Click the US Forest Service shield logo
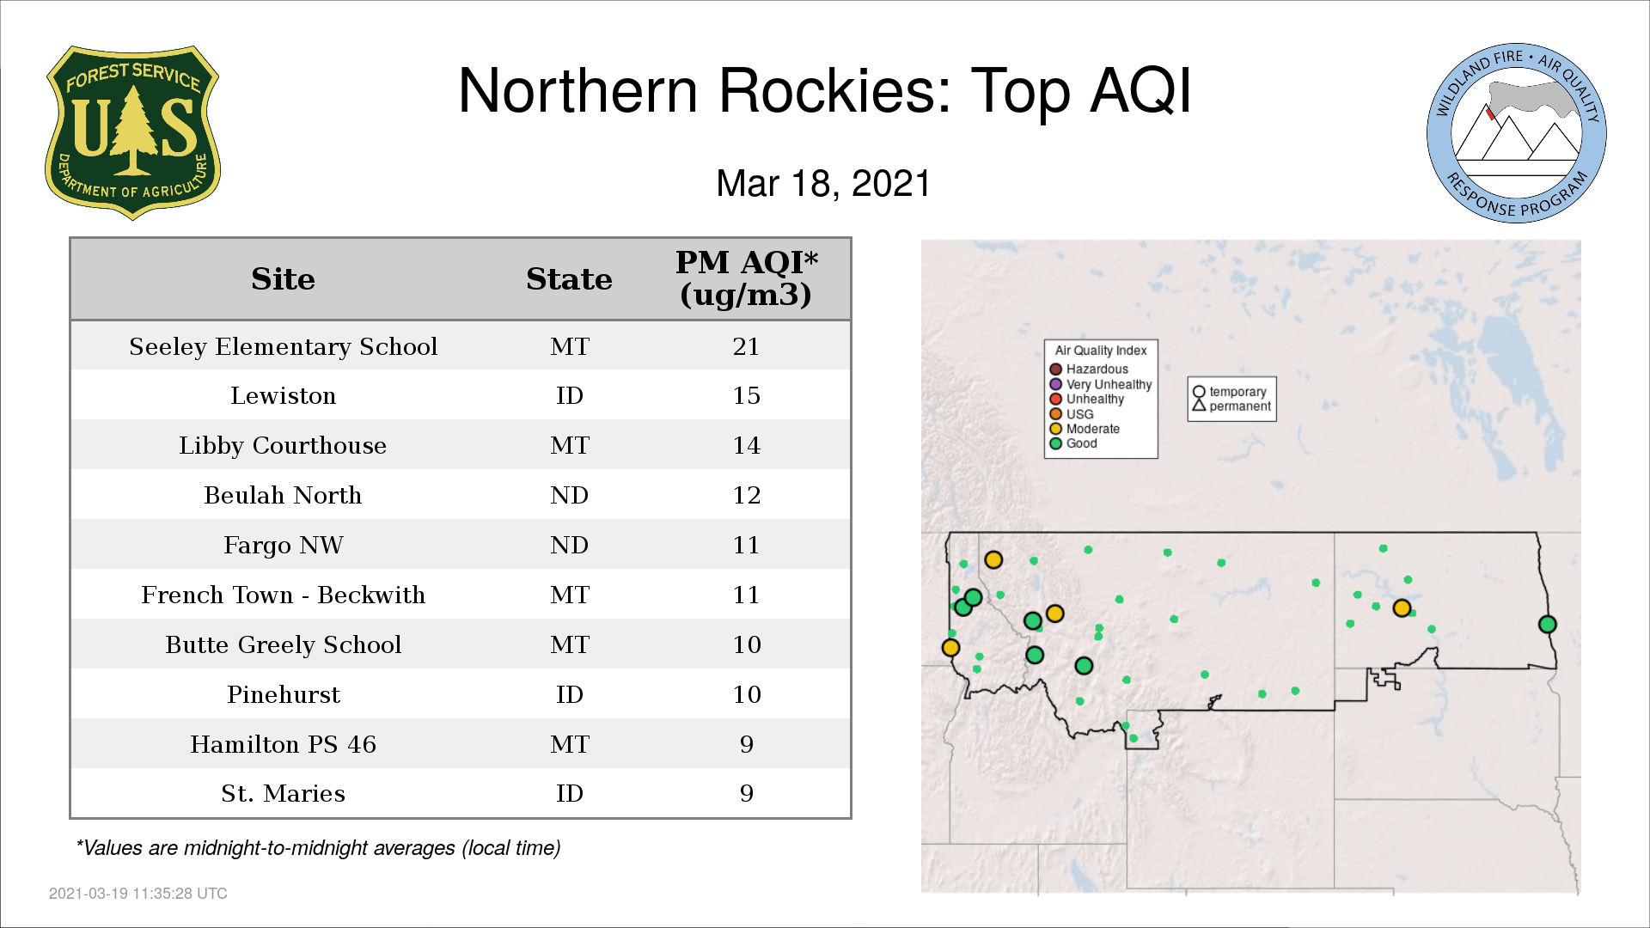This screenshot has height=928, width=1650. (132, 133)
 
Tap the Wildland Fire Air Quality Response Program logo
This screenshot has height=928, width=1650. (1517, 133)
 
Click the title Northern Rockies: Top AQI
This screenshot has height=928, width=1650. (824, 90)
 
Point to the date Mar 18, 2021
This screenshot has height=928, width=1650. (823, 183)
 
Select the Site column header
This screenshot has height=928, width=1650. (283, 279)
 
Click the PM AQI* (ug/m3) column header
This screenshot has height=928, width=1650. (746, 278)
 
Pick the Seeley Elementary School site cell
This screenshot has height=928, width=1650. (283, 346)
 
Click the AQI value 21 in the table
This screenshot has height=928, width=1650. (746, 346)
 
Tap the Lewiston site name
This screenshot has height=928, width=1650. (283, 396)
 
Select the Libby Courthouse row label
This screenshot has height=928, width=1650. (283, 446)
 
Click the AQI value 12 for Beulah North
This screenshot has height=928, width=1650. (746, 496)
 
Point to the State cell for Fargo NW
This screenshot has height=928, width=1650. (569, 546)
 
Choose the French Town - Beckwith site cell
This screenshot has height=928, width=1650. (283, 595)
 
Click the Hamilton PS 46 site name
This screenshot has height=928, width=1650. (283, 745)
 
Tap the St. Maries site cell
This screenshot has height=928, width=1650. (283, 794)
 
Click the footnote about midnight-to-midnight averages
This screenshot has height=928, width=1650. (318, 848)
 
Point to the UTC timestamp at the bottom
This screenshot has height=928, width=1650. (138, 894)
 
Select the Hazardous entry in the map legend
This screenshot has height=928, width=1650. (1089, 369)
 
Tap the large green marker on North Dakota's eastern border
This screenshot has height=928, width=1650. (1547, 625)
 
